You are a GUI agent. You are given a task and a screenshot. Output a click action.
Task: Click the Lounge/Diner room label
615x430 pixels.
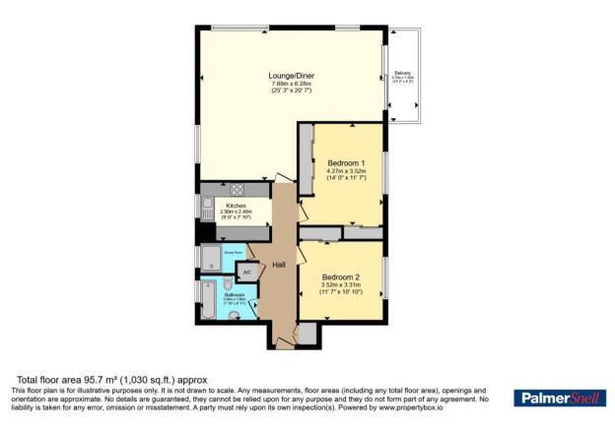click(x=291, y=75)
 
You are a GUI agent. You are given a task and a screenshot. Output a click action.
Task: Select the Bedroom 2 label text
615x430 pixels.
click(x=340, y=276)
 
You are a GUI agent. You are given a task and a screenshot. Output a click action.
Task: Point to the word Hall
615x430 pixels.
click(x=279, y=264)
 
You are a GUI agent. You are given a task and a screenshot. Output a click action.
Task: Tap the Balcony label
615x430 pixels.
click(x=403, y=73)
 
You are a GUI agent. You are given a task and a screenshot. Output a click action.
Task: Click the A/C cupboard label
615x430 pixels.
click(x=247, y=271)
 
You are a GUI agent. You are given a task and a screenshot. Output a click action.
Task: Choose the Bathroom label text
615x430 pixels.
click(x=234, y=294)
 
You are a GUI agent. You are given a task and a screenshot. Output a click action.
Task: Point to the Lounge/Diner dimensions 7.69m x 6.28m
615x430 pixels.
click(x=291, y=84)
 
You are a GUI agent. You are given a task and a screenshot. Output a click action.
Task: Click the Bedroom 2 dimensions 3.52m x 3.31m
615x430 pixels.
click(x=340, y=285)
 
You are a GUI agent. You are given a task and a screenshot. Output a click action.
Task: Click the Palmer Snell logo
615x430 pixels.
click(x=559, y=398)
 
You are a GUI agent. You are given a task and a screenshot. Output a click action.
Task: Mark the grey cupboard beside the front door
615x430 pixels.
click(x=307, y=335)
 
